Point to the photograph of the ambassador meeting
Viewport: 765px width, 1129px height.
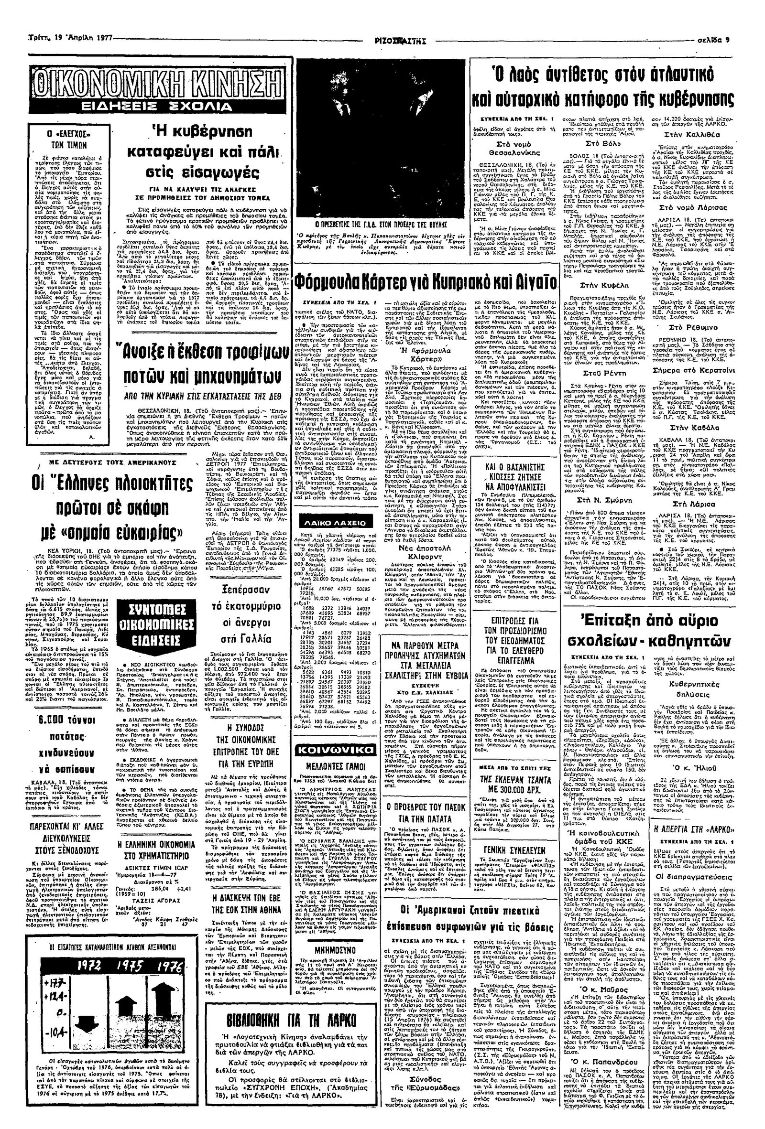click(378, 138)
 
